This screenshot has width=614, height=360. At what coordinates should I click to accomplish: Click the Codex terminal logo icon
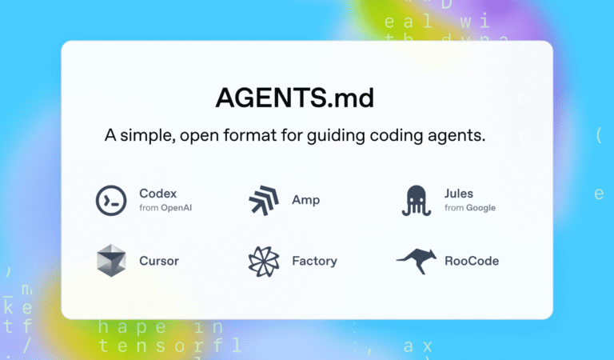(x=111, y=200)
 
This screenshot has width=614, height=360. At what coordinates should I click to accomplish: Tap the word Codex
(x=157, y=193)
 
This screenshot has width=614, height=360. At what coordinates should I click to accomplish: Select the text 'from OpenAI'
(x=165, y=208)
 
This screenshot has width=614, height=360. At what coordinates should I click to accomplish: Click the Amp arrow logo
(x=262, y=200)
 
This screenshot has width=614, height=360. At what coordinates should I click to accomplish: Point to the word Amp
(x=306, y=200)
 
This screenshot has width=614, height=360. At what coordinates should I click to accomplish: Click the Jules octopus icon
(x=417, y=200)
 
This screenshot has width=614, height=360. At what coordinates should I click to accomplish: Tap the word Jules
(x=459, y=193)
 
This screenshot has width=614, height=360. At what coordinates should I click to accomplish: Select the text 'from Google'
(x=470, y=208)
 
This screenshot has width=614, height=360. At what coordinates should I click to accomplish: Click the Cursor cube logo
(x=111, y=261)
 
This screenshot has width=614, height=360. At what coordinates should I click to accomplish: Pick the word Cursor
(x=159, y=261)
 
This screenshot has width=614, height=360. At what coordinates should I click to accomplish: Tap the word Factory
(x=315, y=261)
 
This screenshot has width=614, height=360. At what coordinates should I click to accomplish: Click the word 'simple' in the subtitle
(x=152, y=136)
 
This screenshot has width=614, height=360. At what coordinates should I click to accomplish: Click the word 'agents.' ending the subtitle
(x=457, y=136)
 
